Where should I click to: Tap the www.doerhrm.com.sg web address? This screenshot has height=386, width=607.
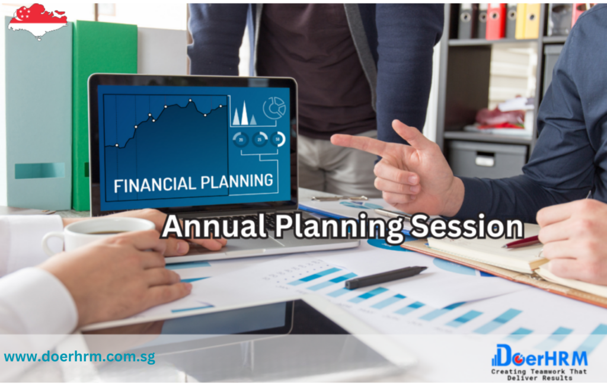[80, 356]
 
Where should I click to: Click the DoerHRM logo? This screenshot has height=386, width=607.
[539, 355]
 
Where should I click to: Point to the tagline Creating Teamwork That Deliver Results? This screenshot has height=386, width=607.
[539, 374]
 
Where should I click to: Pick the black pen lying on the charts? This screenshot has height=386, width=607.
[386, 277]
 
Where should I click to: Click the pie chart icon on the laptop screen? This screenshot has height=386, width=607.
[274, 107]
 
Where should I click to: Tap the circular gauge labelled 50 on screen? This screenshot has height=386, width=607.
[278, 139]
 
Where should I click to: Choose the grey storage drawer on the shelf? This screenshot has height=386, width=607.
[487, 159]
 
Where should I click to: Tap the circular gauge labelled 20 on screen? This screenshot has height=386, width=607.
[241, 139]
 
